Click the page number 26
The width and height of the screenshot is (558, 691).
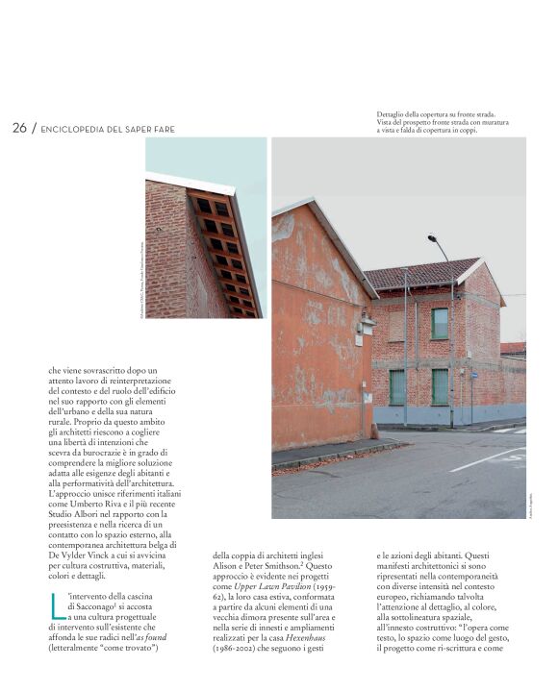(x=19, y=128)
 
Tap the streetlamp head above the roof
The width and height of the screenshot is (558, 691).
(x=433, y=237)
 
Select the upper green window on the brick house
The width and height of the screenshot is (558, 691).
(x=439, y=323)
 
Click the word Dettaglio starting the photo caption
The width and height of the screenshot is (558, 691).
(x=394, y=114)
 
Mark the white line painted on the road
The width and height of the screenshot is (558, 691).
(x=485, y=459)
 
